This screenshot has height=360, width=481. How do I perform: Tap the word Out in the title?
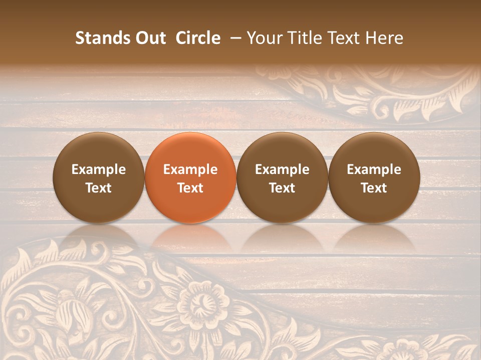pos(151,38)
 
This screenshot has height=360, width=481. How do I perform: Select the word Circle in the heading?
pos(198,38)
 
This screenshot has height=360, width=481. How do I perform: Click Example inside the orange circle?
pos(190,169)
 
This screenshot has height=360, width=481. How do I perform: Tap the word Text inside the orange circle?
pos(190,188)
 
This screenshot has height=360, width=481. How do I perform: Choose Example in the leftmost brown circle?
pos(99,169)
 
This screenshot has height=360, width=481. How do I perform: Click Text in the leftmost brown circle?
pos(99,188)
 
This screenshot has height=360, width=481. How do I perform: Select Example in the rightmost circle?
pos(374,169)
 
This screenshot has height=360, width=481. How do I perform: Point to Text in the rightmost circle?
pos(374,188)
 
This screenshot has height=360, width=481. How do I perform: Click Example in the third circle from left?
pos(282,169)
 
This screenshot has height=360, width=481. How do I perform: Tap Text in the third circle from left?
pos(282,188)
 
